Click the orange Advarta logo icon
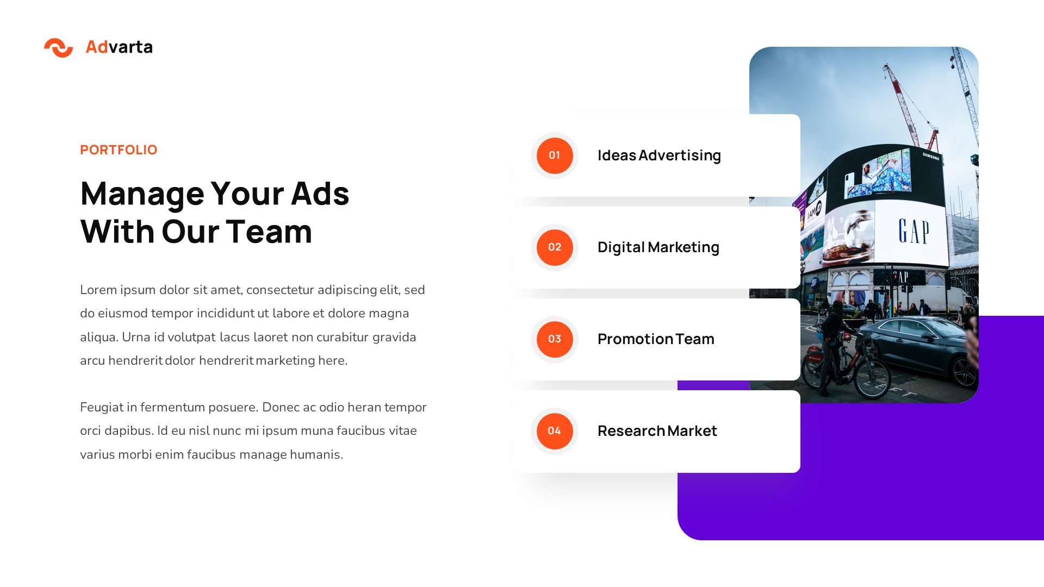click(x=58, y=48)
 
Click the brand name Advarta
click(x=119, y=47)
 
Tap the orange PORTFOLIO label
click(x=119, y=150)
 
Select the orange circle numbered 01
click(x=554, y=155)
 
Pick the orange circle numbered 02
click(x=554, y=247)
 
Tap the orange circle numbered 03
click(x=554, y=339)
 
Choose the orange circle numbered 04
click(x=554, y=431)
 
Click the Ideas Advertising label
click(x=659, y=155)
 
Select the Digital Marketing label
click(x=658, y=247)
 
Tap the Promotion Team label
click(x=656, y=339)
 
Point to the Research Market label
click(x=657, y=431)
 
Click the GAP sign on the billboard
click(x=913, y=232)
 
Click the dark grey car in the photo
click(x=919, y=348)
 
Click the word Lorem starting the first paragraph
click(x=98, y=290)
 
